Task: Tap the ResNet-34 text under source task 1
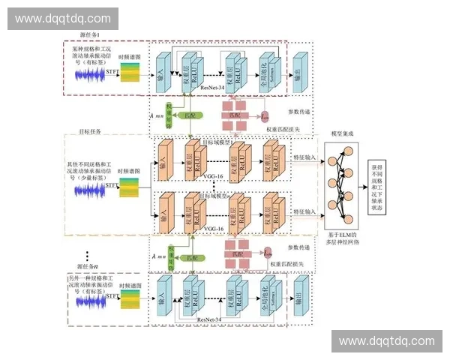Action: [x=213, y=88]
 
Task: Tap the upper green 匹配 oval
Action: [x=196, y=118]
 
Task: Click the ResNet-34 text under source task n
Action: [x=212, y=319]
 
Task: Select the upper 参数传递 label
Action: [x=303, y=113]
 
